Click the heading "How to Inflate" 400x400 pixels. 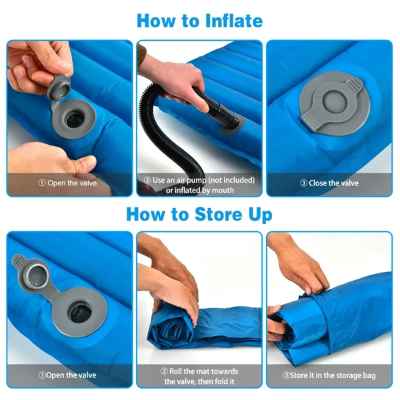[199, 20]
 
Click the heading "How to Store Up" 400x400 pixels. [199, 215]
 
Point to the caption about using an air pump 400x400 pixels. [199, 184]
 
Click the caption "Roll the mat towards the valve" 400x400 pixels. [199, 375]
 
